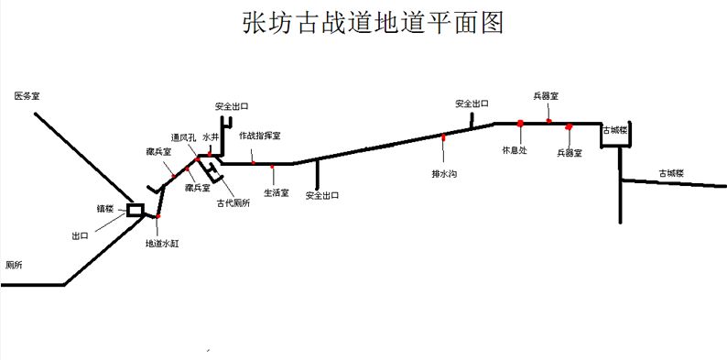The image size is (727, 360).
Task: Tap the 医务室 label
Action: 27,95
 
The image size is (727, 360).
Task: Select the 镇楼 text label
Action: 105,209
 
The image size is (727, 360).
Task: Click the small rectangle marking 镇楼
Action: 135,210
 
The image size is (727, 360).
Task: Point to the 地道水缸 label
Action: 163,244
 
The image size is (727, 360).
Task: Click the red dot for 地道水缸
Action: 157,217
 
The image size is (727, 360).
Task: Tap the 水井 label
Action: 211,137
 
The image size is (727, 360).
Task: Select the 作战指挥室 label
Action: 260,136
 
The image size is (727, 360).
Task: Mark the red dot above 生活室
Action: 273,167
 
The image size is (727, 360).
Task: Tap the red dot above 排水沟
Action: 444,137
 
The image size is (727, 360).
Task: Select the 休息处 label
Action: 515,150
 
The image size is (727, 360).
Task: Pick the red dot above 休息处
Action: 519,123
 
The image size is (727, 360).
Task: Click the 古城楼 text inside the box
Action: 613,131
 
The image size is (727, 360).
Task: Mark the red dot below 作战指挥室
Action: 253,163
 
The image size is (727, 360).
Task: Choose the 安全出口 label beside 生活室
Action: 322,195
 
